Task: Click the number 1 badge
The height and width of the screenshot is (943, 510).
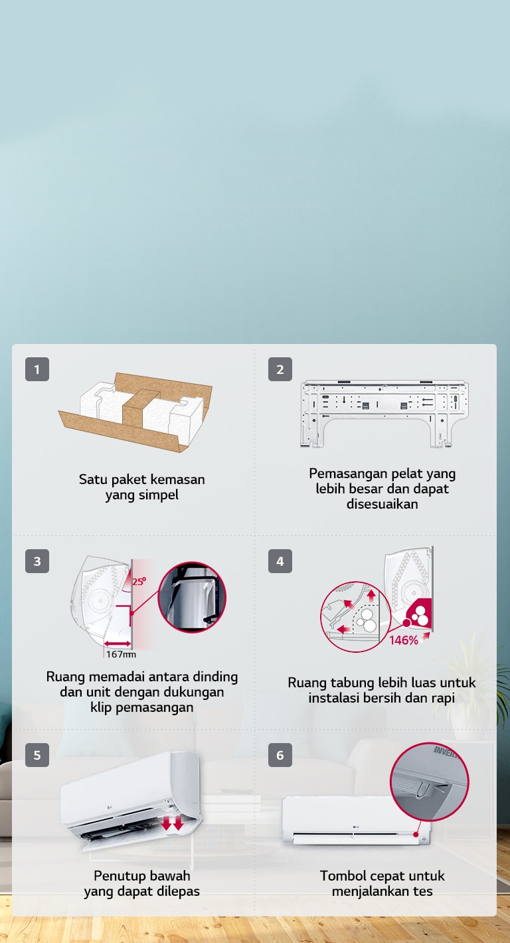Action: point(37,369)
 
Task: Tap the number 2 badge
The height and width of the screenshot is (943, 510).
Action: point(280,369)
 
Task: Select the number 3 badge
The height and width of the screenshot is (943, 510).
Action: point(37,561)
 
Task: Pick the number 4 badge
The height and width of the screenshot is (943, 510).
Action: point(280,561)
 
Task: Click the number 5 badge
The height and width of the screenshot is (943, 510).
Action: point(37,755)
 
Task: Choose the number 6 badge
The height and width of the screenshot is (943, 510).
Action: point(280,755)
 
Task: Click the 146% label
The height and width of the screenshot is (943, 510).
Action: point(404,640)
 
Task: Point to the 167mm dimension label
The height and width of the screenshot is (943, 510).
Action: point(121,654)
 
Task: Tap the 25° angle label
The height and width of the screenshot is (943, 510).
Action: point(139,581)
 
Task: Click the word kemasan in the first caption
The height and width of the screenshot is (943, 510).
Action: point(177,479)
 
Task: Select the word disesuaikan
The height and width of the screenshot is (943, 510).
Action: point(382,504)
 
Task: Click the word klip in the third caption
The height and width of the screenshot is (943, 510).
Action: point(101,707)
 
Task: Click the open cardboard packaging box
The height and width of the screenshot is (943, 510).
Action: point(135,412)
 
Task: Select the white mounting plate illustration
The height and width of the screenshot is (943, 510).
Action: point(384,414)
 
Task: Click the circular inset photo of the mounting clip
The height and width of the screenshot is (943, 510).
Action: point(192,597)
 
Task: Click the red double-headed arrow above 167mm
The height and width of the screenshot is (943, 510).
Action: point(118,643)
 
